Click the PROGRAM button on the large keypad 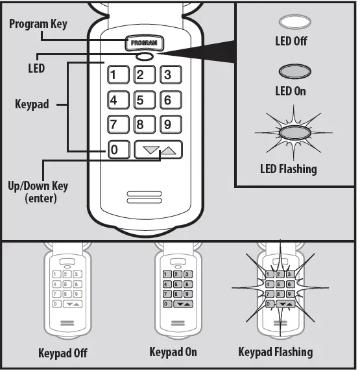point(144,43)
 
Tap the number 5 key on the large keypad point(143,100)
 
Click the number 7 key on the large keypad point(117,125)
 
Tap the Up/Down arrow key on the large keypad point(158,150)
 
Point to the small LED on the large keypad point(144,57)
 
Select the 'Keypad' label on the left point(32,104)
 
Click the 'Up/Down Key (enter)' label point(38,192)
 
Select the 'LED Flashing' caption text point(288,169)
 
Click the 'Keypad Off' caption point(63,354)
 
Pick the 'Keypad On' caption point(173,353)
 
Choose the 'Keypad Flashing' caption point(275,353)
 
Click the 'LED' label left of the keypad point(36,67)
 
